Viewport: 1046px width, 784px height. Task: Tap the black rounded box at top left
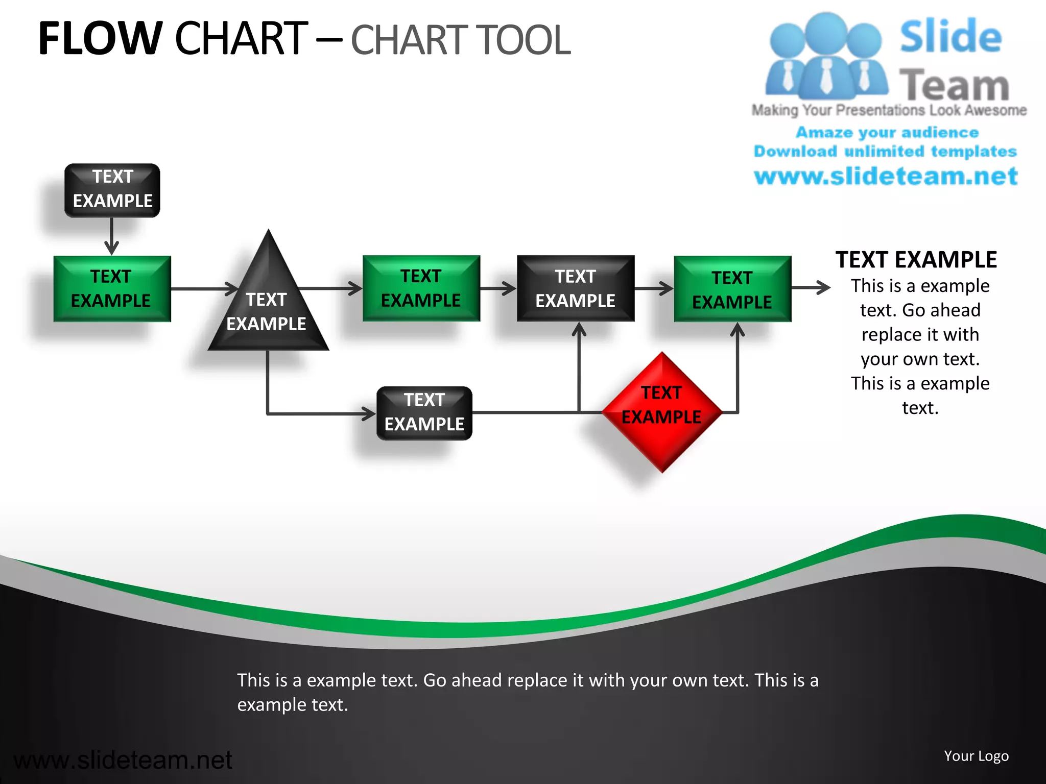(112, 190)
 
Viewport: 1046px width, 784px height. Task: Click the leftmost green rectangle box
(112, 288)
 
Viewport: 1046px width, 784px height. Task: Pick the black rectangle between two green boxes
(576, 288)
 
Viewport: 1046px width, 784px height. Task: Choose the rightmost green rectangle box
(732, 289)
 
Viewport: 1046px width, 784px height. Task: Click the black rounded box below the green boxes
(424, 413)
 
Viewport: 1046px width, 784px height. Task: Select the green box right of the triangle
(421, 288)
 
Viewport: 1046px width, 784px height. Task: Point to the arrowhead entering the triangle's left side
(232, 289)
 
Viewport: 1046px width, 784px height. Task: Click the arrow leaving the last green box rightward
(812, 288)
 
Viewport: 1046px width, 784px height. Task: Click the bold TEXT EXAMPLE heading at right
(916, 260)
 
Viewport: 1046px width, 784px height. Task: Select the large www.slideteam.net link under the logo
(886, 177)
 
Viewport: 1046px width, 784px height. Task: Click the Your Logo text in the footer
(976, 756)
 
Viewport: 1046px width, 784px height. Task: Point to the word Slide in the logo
(950, 37)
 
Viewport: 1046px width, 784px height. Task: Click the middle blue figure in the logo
(825, 56)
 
